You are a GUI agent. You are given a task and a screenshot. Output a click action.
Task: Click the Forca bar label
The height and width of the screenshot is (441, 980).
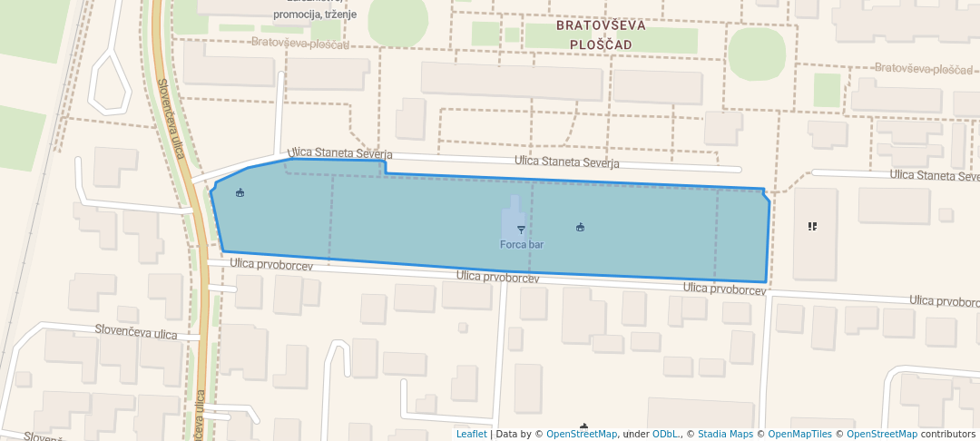click(522, 245)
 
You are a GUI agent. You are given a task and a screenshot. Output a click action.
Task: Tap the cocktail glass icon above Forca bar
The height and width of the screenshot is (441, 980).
click(521, 230)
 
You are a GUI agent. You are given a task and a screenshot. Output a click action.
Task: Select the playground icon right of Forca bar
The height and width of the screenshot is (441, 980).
click(580, 227)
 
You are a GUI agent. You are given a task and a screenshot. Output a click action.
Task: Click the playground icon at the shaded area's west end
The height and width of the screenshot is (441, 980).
click(240, 192)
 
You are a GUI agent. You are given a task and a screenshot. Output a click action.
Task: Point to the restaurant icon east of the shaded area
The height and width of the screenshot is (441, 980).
click(812, 226)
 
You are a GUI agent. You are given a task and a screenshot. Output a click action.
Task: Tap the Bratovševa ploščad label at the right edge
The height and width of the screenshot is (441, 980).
click(924, 69)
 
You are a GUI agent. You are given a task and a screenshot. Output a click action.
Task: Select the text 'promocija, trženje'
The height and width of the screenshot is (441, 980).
click(314, 15)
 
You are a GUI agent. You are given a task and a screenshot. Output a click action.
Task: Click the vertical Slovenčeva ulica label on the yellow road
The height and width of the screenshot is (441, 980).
click(171, 118)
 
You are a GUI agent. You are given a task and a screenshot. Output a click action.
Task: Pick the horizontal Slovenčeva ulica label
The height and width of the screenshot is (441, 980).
click(136, 334)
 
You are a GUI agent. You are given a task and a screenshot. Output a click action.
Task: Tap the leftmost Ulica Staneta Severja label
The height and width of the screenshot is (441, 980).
click(340, 154)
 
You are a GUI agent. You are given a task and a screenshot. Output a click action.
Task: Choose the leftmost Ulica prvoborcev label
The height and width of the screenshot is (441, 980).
click(271, 265)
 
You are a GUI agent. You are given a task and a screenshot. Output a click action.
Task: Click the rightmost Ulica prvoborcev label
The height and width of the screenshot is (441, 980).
click(944, 300)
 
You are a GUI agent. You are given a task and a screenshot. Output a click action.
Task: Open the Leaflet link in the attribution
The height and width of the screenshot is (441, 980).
click(471, 435)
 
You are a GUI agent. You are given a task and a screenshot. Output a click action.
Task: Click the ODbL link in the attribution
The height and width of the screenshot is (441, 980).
click(667, 435)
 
